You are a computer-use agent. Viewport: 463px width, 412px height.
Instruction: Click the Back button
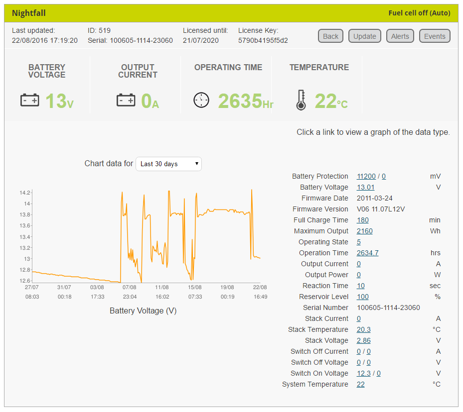pos(330,36)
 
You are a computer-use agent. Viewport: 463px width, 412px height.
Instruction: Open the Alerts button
pos(400,36)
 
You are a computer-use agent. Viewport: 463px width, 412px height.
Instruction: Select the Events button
pos(435,36)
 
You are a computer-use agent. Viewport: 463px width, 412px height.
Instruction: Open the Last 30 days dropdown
pos(168,164)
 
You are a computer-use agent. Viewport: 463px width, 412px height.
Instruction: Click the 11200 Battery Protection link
pos(366,176)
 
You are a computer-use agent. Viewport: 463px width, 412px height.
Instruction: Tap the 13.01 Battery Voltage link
pos(365,187)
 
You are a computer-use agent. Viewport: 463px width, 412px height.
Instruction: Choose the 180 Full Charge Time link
pos(362,220)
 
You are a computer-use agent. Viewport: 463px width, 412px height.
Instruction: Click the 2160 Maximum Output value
pos(364,231)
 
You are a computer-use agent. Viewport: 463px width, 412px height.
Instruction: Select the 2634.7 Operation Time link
pos(367,253)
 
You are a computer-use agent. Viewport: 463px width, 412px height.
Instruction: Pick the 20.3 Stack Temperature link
pos(363,329)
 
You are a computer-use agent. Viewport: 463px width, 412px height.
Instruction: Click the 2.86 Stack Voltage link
pos(363,340)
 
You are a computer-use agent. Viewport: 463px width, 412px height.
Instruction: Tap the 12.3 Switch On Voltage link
pos(363,373)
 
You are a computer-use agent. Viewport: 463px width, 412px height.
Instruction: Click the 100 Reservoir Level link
pos(362,297)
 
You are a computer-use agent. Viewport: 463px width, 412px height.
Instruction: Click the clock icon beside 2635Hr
pos(201,100)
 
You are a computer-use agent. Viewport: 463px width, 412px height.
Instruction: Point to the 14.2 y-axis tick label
pos(25,193)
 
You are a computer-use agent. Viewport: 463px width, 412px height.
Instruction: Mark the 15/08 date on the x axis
pos(195,287)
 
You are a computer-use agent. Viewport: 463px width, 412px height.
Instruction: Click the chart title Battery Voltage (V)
pos(143,310)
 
